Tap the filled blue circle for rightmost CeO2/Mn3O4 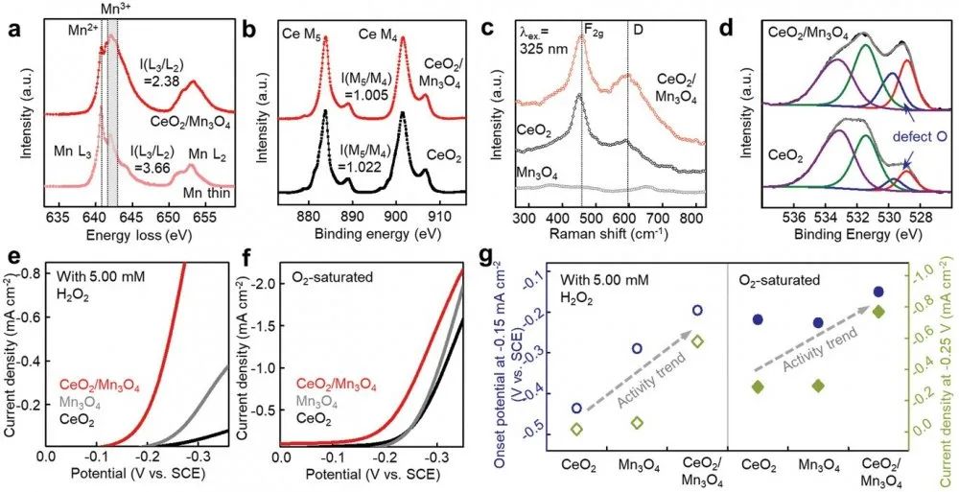pyautogui.click(x=878, y=292)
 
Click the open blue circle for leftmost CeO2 pyautogui.click(x=575, y=408)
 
